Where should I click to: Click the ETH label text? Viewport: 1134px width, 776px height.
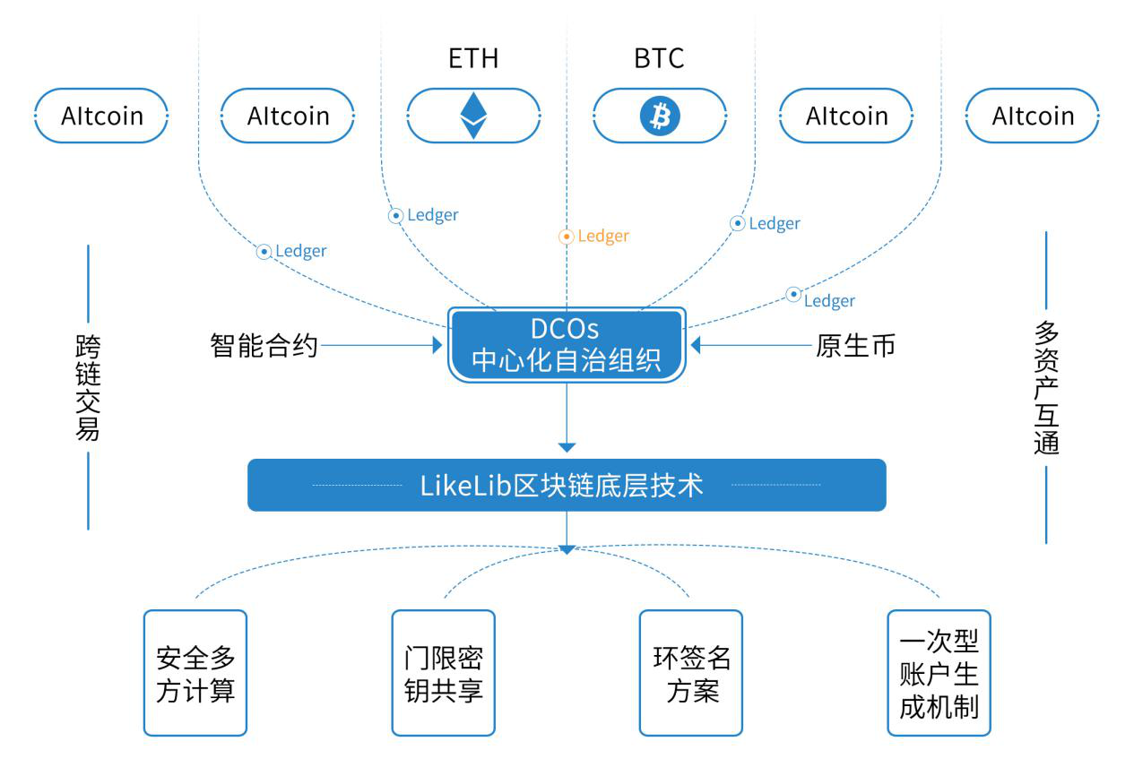click(473, 59)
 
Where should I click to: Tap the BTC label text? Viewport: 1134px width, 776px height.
click(659, 59)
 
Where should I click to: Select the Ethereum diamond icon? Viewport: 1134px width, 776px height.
click(473, 116)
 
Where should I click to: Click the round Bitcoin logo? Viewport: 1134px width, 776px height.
click(660, 116)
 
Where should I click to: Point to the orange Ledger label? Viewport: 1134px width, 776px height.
click(603, 237)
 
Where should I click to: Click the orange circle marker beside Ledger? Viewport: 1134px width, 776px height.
click(566, 237)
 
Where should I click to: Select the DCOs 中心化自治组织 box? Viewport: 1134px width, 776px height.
click(567, 345)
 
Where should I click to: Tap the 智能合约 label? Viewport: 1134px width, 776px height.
click(264, 345)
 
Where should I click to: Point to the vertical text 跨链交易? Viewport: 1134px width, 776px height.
click(88, 389)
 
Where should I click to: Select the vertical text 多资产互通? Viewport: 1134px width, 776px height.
click(1046, 388)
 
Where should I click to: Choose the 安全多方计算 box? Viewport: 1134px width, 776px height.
click(195, 673)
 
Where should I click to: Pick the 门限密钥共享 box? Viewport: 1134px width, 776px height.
click(444, 673)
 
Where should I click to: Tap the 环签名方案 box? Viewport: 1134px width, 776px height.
click(691, 673)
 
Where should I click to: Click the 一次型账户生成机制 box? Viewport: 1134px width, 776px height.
click(939, 673)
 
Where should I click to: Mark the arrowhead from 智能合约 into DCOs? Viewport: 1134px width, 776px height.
click(437, 345)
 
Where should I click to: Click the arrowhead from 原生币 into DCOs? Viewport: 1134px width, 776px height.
click(696, 345)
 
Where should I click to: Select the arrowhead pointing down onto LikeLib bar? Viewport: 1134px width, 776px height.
click(567, 447)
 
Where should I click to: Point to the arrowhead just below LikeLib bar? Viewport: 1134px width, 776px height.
click(567, 548)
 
